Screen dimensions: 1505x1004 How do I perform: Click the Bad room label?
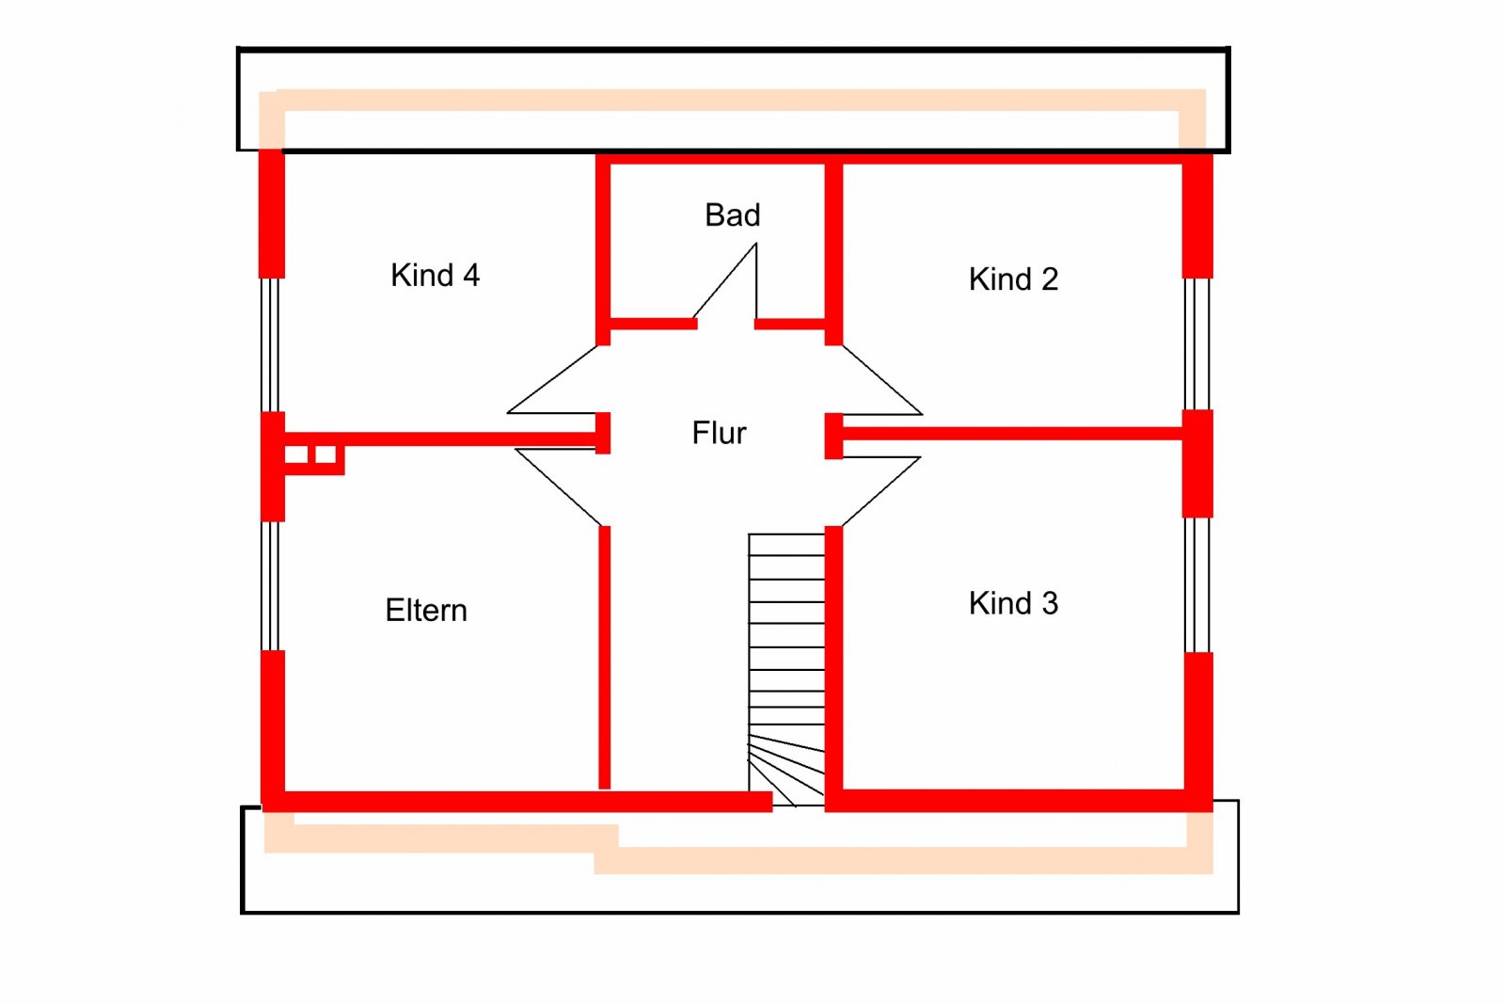(733, 215)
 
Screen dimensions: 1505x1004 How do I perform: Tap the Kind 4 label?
(435, 275)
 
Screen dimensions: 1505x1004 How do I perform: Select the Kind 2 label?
(1013, 279)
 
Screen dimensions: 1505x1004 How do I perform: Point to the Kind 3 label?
(1013, 603)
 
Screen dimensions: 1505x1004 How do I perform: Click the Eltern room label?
(426, 610)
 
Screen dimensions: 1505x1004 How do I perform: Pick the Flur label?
(719, 433)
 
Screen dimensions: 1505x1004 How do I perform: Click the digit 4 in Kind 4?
(471, 275)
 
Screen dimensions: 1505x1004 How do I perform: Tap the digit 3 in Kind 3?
(1050, 603)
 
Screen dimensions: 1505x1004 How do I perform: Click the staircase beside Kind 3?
(786, 670)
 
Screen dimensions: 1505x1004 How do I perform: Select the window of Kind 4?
(270, 344)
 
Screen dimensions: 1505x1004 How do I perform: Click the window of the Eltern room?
(270, 585)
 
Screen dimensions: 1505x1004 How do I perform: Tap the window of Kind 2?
(1196, 344)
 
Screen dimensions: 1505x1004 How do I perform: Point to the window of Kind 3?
(1196, 584)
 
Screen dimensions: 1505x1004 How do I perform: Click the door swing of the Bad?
(725, 282)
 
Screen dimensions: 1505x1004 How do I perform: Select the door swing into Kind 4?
(552, 380)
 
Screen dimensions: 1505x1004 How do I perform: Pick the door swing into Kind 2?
(881, 380)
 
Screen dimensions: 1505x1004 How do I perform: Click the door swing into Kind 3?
(880, 491)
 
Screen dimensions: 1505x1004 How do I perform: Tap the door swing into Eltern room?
(558, 486)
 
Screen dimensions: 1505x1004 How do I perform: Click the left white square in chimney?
(295, 454)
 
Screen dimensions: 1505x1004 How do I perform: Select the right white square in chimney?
(325, 454)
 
